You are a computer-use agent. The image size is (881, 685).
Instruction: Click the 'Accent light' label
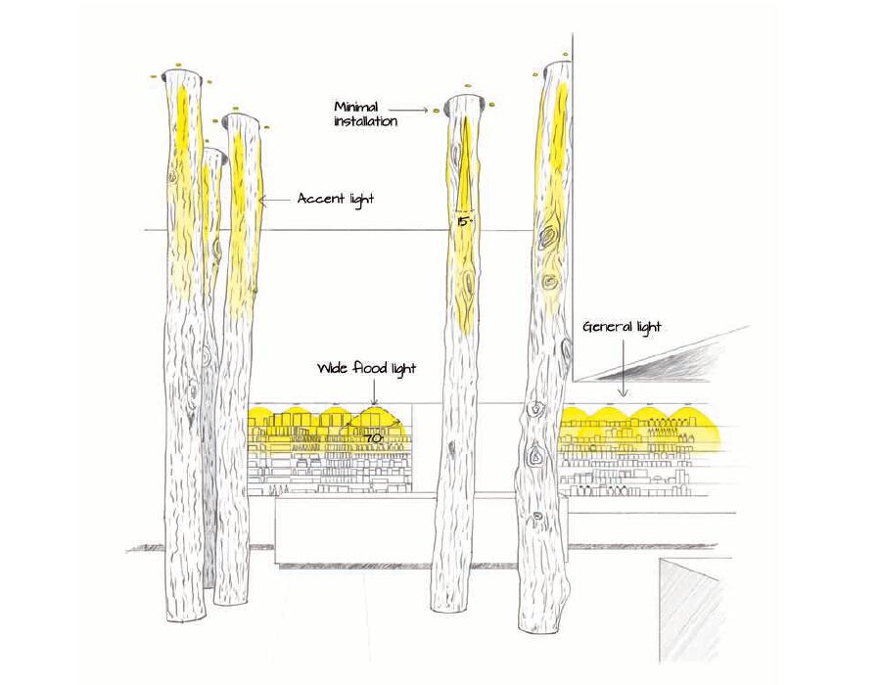coord(336,199)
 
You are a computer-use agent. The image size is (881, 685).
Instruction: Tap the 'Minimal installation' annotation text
coord(365,114)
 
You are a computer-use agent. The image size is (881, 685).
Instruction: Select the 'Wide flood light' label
coord(366,369)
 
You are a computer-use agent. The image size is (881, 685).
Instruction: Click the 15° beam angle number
coord(465,223)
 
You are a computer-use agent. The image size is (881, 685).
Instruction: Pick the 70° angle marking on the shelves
coord(373,439)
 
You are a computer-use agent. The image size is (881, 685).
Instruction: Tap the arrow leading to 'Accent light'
coord(275,200)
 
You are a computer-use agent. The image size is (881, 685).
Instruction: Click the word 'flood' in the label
coord(368,369)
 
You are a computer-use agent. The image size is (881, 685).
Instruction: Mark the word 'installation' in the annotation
coord(365,122)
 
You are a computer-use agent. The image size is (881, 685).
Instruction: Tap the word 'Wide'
coord(331,369)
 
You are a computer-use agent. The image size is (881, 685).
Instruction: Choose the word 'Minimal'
coord(356,106)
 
